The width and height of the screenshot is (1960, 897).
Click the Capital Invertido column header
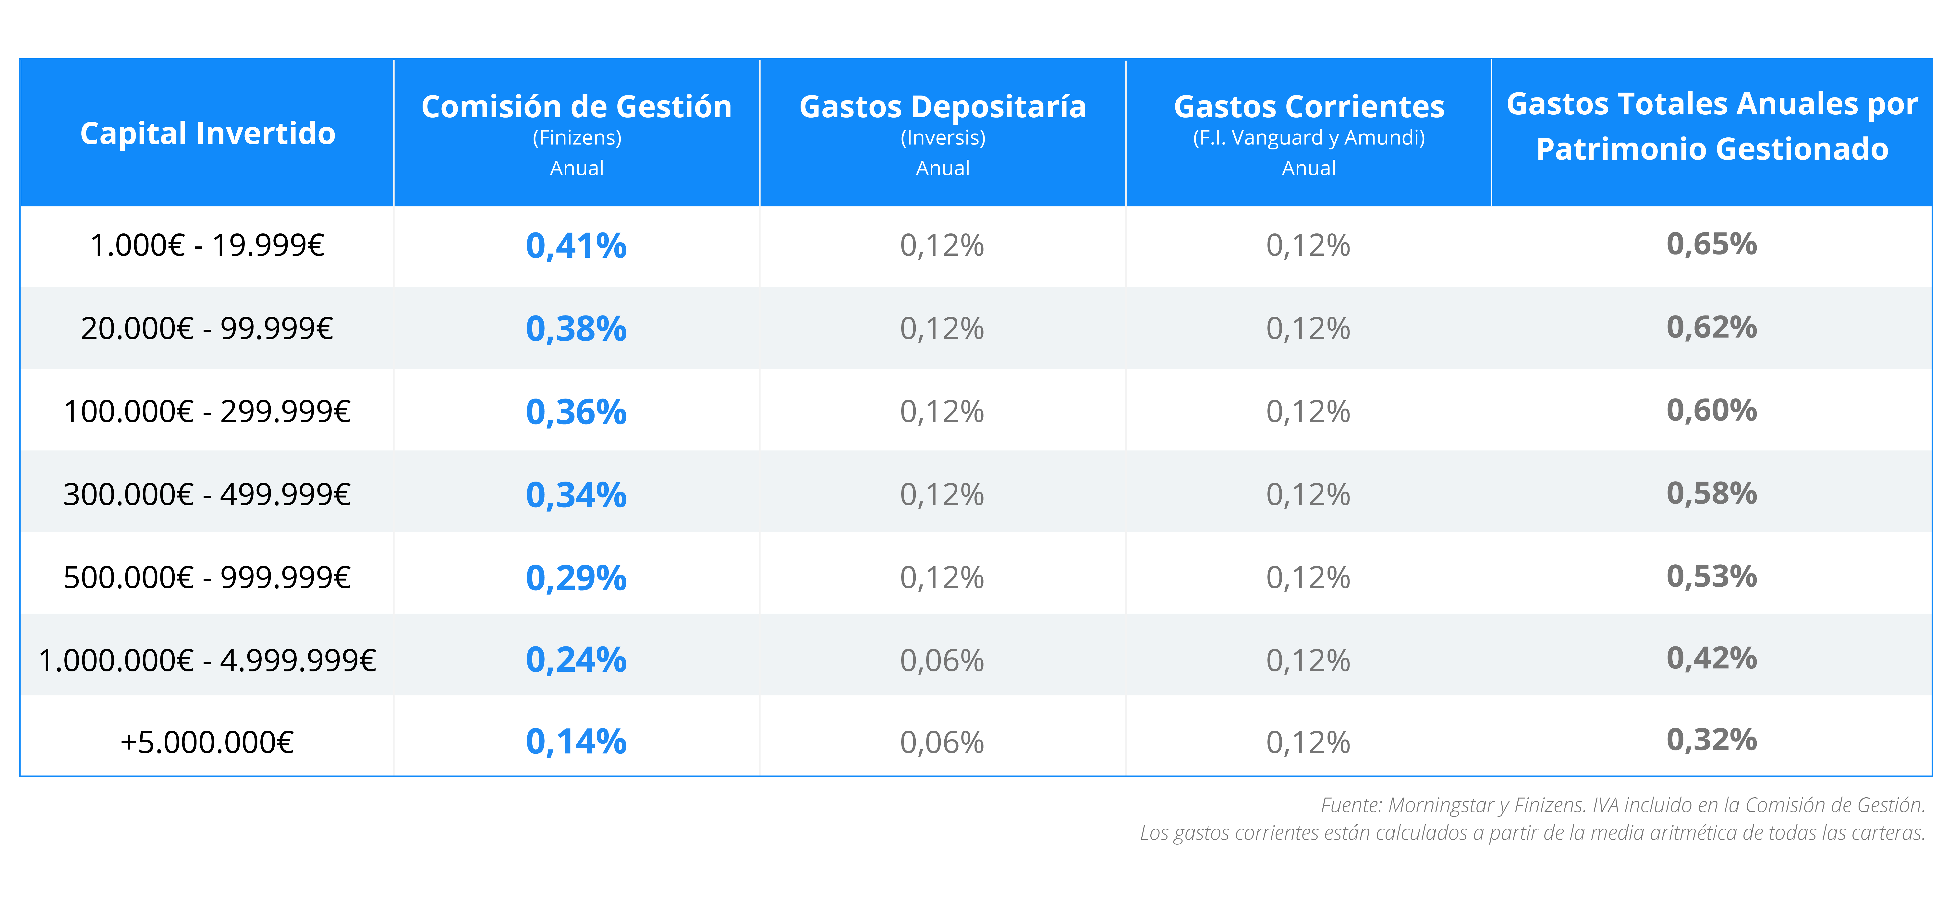[208, 134]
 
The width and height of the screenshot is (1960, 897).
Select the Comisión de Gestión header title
[577, 107]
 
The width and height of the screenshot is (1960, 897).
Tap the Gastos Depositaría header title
[943, 107]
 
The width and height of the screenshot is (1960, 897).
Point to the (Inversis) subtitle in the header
[943, 138]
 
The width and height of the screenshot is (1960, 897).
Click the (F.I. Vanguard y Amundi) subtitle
[1309, 138]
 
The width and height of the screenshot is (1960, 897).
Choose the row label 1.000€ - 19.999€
[208, 245]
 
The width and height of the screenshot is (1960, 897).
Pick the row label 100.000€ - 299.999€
[208, 412]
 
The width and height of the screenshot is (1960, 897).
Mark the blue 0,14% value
[577, 742]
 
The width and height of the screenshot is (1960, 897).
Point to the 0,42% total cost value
[1712, 658]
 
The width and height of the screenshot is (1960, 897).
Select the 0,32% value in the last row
[1712, 739]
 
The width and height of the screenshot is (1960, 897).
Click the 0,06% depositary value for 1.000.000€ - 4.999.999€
[943, 660]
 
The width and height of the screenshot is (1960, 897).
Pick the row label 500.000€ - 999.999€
[208, 577]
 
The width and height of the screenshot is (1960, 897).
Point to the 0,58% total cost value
[1712, 493]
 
